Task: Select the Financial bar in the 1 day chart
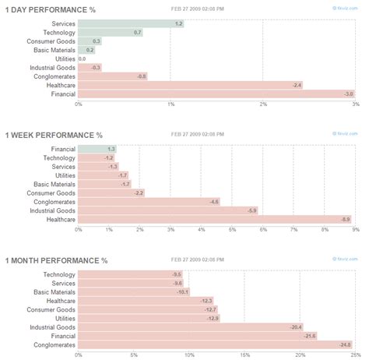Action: (216, 94)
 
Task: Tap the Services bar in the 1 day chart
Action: (131, 24)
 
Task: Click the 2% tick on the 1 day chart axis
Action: (263, 104)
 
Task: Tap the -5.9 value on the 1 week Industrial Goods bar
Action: (251, 210)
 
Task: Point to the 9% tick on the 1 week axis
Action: (355, 230)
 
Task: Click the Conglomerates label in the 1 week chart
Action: (54, 202)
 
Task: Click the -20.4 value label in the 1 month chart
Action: (295, 327)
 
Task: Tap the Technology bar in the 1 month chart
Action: (130, 274)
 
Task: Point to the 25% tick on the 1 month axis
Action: (354, 355)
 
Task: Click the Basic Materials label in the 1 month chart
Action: (58, 291)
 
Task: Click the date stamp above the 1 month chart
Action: (198, 260)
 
